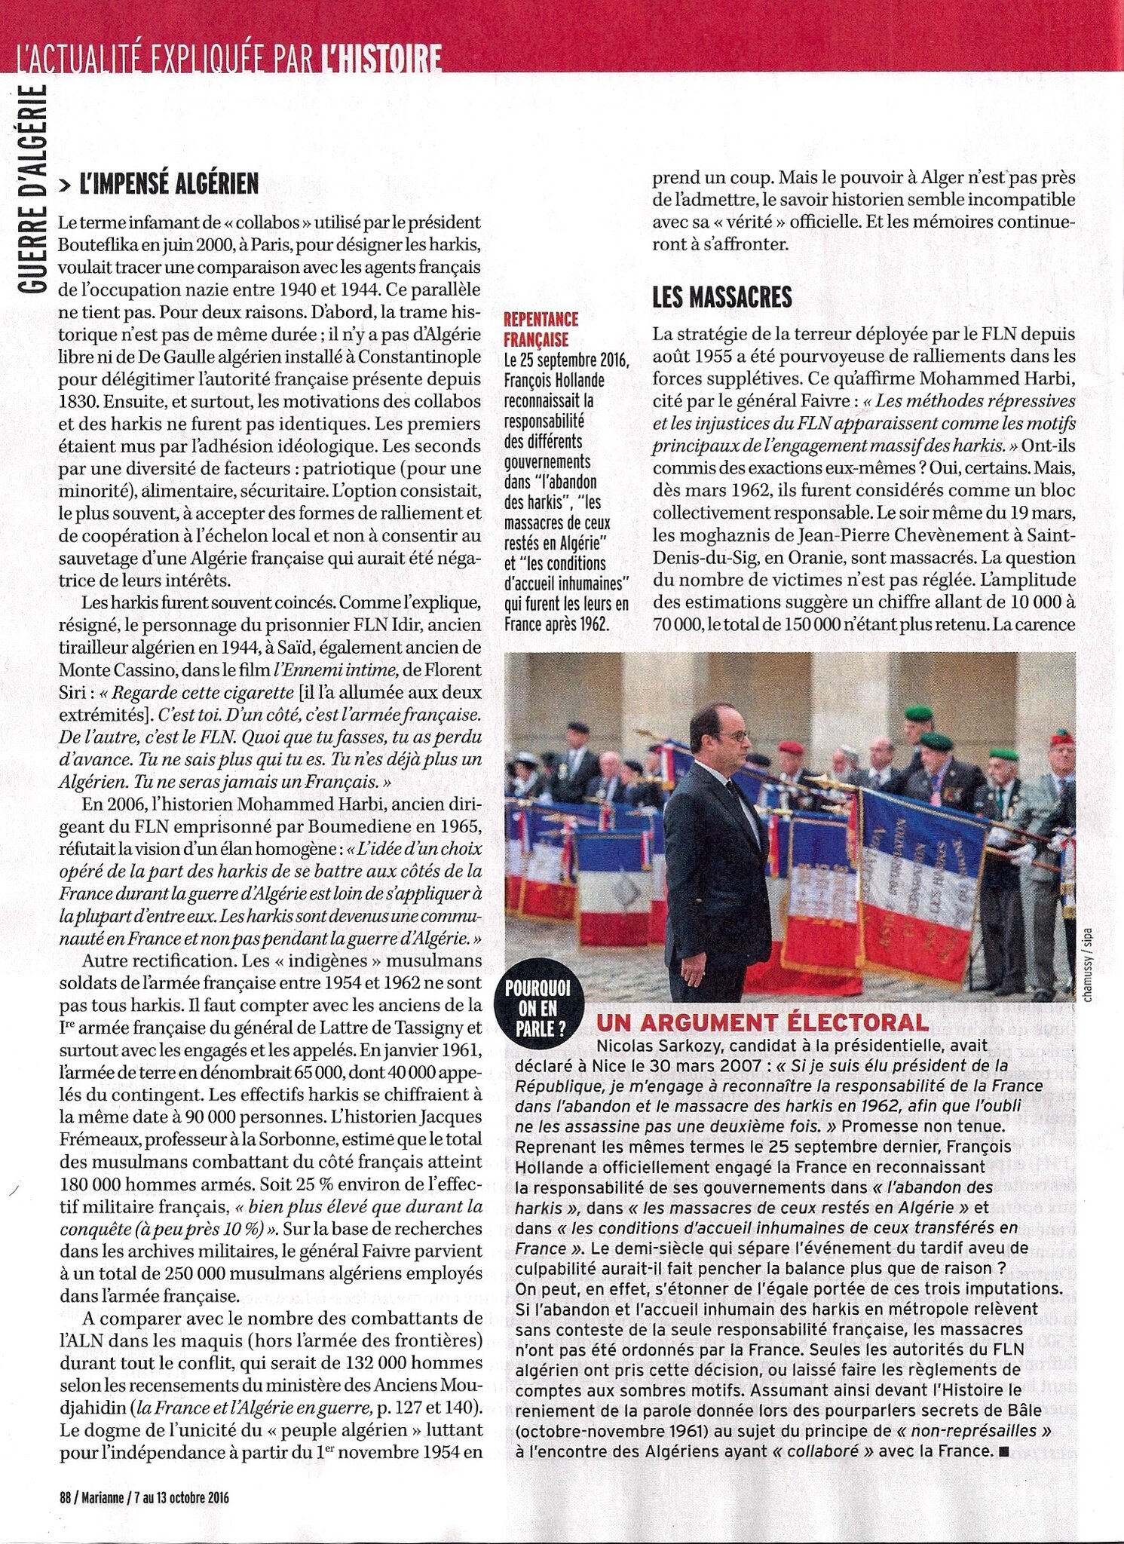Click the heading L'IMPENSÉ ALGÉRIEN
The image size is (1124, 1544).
tap(169, 183)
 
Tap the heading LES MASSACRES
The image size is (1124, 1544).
tap(721, 297)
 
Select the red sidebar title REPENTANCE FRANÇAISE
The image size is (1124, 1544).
tap(540, 329)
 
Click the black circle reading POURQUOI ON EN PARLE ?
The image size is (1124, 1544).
tap(537, 1008)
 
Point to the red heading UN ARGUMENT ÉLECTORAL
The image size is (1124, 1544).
tap(761, 1022)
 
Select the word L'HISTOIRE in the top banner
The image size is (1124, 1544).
tap(379, 59)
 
